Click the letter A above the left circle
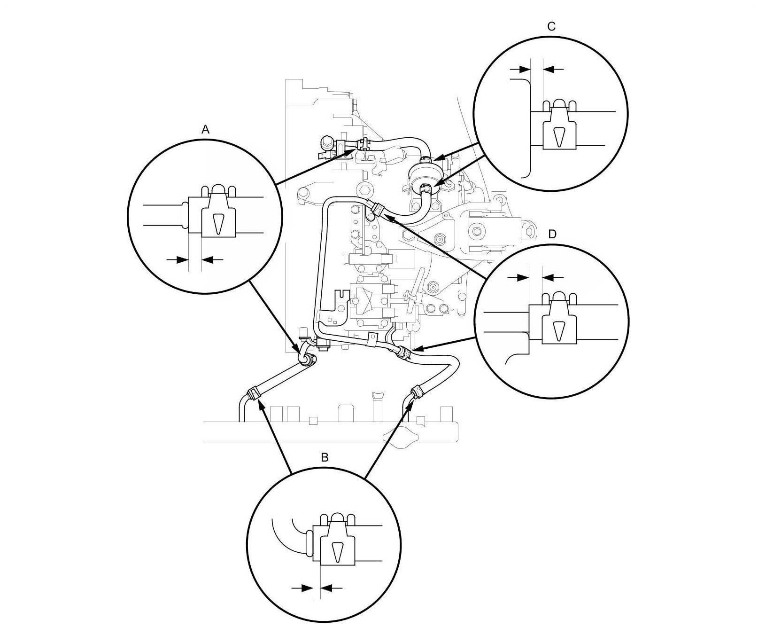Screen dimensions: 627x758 205,130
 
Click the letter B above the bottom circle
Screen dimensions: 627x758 324,457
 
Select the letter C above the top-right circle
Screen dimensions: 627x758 551,27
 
